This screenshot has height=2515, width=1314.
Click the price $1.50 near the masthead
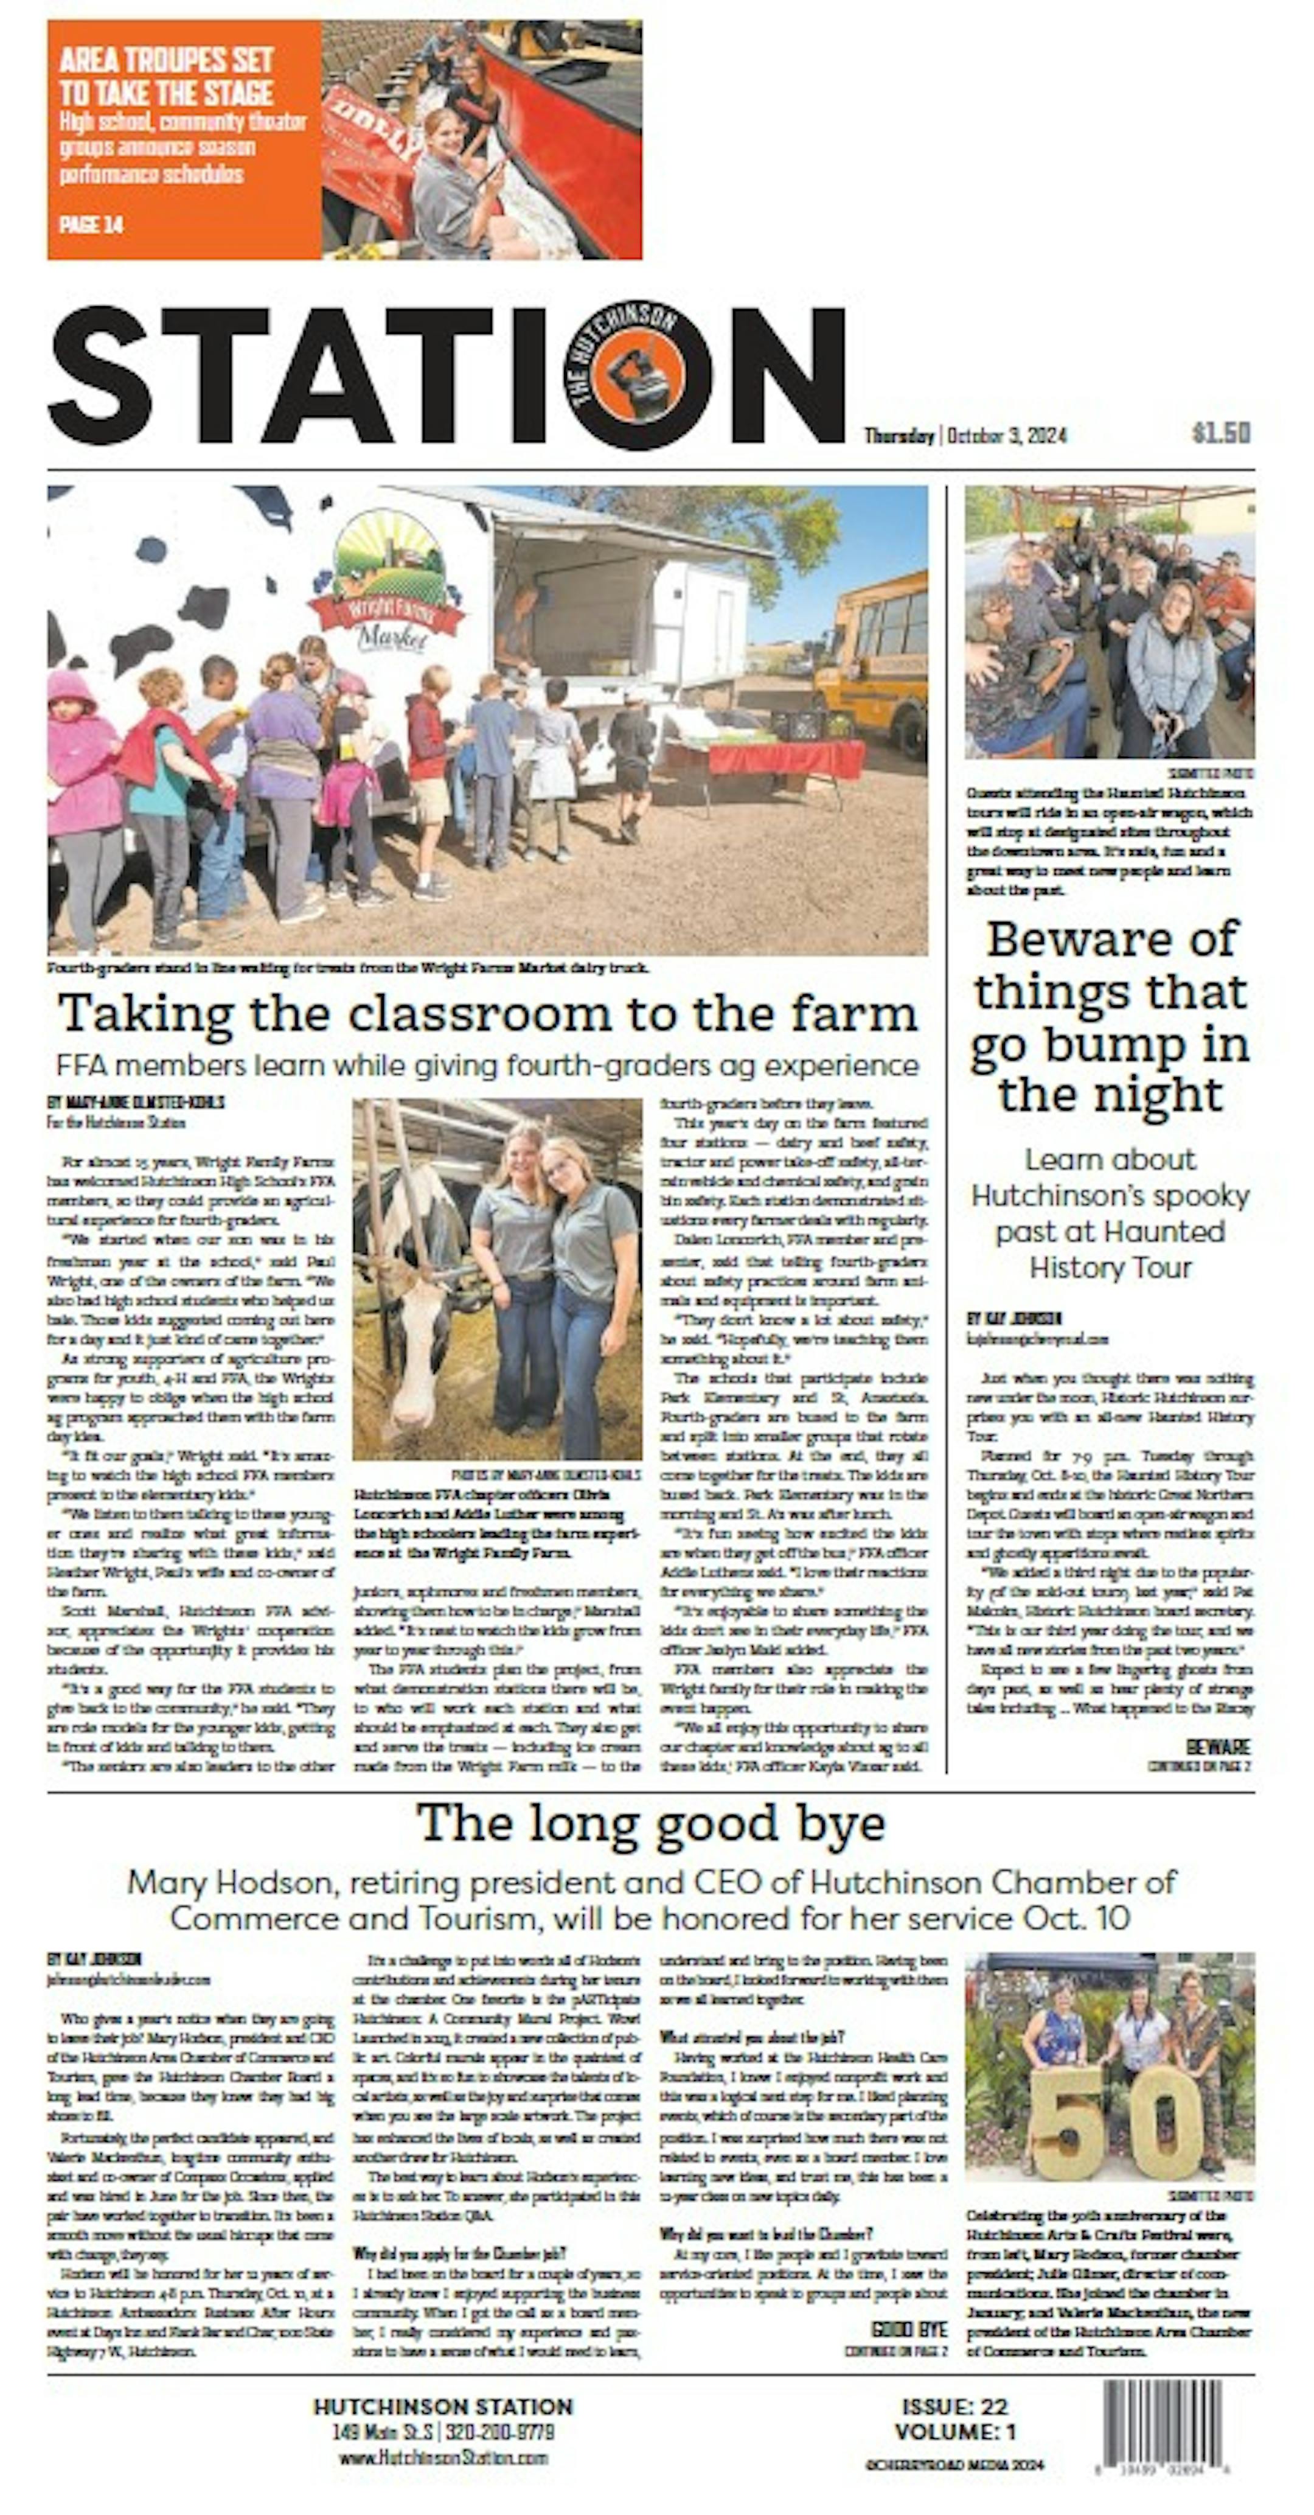point(1220,433)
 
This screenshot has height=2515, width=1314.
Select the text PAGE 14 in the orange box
point(91,225)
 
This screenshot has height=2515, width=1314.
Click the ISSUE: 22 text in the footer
point(954,2407)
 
